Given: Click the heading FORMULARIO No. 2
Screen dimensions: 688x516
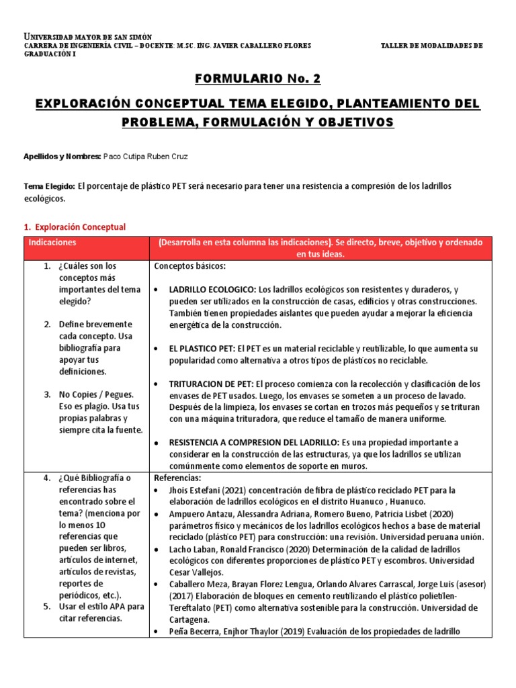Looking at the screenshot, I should point(257,79).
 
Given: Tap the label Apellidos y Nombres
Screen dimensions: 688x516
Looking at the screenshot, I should point(62,156).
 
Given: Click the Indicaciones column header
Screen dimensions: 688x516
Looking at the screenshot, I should point(52,242).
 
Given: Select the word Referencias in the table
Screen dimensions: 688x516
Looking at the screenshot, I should point(177,477).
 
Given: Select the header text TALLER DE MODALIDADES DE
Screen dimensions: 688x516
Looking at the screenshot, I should point(431,46).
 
